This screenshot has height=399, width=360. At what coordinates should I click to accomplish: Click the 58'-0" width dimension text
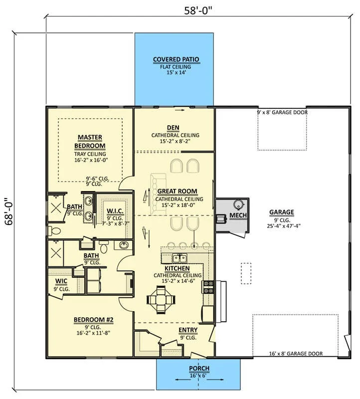pyautogui.click(x=198, y=10)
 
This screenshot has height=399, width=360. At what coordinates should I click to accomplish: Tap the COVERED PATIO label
pyautogui.click(x=176, y=59)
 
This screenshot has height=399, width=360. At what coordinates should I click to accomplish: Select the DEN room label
pyautogui.click(x=173, y=128)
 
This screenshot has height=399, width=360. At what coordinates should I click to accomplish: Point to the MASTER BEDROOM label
pyautogui.click(x=90, y=142)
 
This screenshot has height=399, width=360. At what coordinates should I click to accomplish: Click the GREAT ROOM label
pyautogui.click(x=178, y=191)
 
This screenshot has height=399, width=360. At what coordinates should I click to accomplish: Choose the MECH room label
pyautogui.click(x=238, y=215)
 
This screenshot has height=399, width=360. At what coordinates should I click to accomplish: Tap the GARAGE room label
pyautogui.click(x=282, y=212)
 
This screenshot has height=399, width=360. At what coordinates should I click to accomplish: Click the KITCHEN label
pyautogui.click(x=177, y=268)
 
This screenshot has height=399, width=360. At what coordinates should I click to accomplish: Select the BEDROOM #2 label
pyautogui.click(x=94, y=320)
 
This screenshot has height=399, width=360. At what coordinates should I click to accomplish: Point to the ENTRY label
pyautogui.click(x=188, y=330)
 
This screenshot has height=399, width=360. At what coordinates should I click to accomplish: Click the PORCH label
pyautogui.click(x=199, y=368)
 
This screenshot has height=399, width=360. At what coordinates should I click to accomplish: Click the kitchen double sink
pyautogui.click(x=180, y=258)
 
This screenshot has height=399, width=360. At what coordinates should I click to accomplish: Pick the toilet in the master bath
pyautogui.click(x=54, y=231)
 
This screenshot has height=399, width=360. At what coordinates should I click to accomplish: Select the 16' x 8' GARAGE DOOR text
pyautogui.click(x=296, y=354)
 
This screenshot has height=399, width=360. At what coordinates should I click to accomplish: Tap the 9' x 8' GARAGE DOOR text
pyautogui.click(x=282, y=112)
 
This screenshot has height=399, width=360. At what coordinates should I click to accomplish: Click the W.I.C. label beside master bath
pyautogui.click(x=115, y=211)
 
